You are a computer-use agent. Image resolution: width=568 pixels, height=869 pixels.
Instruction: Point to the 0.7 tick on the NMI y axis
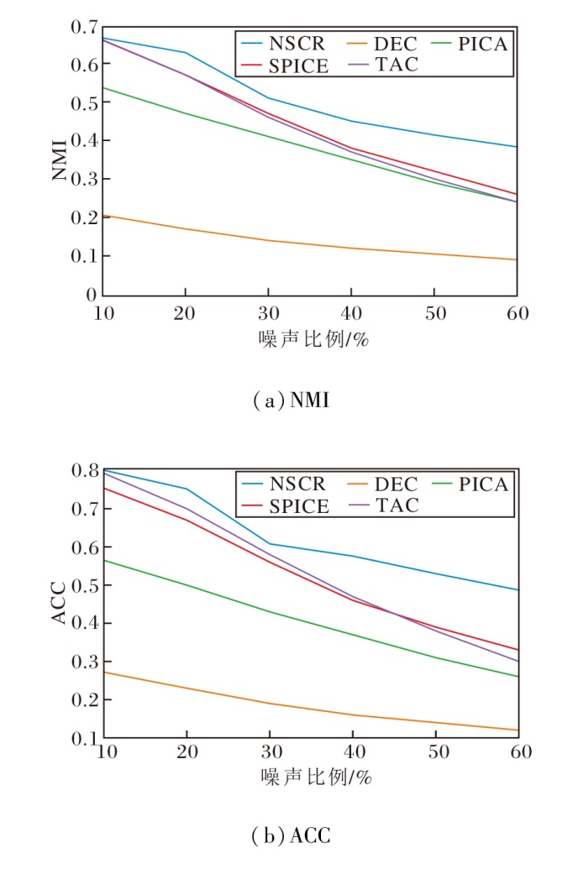coord(85,27)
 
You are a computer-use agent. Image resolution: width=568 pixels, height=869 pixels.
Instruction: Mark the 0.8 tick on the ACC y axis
coord(85,470)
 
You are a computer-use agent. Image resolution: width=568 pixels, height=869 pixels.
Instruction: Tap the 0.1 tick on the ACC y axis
coord(85,738)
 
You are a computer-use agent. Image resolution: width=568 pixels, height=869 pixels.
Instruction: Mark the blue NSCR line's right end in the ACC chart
coord(515,589)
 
